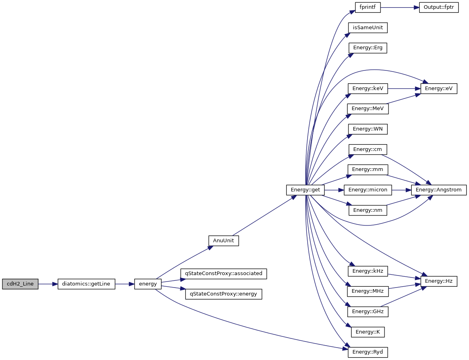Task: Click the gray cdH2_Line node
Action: point(20,284)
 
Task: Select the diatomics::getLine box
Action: point(86,284)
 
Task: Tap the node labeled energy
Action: point(148,284)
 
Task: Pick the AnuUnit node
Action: point(223,241)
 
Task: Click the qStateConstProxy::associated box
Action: point(223,274)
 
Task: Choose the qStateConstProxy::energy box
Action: point(223,294)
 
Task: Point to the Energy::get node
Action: point(305,189)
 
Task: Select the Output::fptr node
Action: point(439,8)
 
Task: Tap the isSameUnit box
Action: point(368,28)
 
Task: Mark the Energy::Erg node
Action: point(368,48)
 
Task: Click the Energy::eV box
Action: point(439,88)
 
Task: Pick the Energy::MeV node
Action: point(368,109)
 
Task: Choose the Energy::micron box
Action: point(368,189)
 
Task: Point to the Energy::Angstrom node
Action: point(439,189)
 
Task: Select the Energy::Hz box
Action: point(439,281)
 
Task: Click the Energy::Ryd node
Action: point(368,352)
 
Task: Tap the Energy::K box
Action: point(368,332)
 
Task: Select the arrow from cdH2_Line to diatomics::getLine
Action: point(48,284)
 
